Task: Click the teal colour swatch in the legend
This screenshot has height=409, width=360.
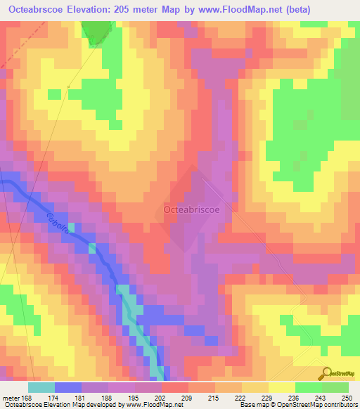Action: [x=41, y=387]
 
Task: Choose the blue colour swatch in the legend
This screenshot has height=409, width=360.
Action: [x=68, y=387]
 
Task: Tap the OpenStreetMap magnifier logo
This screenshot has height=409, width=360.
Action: [x=326, y=374]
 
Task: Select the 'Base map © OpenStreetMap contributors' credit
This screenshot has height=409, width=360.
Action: [x=298, y=405]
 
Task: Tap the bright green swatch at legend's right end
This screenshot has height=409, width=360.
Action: [x=335, y=387]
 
